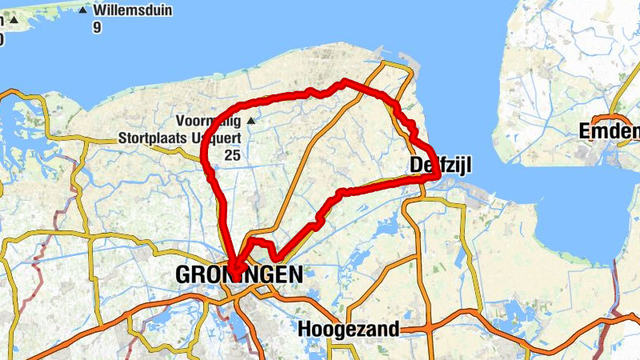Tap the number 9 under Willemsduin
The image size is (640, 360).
pyautogui.click(x=97, y=27)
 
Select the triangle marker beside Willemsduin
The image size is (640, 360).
pyautogui.click(x=82, y=10)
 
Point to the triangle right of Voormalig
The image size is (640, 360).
pyautogui.click(x=251, y=121)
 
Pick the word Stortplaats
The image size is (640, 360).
pyautogui.click(x=156, y=138)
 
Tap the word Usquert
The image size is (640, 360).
pyautogui.click(x=221, y=138)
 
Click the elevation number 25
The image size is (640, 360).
pyautogui.click(x=232, y=154)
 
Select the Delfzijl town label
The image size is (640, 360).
pyautogui.click(x=440, y=166)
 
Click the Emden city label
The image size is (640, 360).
pyautogui.click(x=608, y=130)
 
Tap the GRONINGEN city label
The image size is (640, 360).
pyautogui.click(x=239, y=275)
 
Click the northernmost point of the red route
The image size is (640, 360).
pyautogui.click(x=344, y=82)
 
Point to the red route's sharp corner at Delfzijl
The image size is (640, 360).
pyautogui.click(x=435, y=178)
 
